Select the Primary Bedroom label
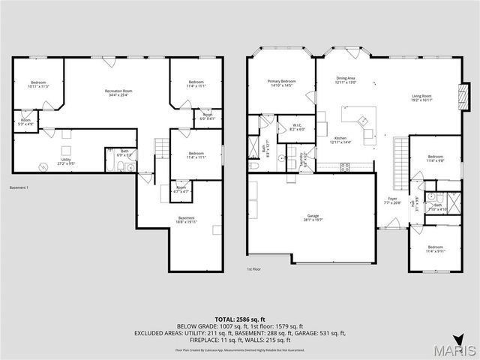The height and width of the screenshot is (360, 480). click(x=281, y=83)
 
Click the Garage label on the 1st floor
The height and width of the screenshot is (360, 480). click(x=312, y=218)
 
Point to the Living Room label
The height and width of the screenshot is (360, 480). click(x=421, y=97)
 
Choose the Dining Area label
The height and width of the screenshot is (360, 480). click(x=346, y=79)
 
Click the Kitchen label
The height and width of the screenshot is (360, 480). click(x=340, y=140)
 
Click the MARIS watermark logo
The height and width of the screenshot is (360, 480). click(x=448, y=350)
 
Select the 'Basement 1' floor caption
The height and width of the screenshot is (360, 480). click(x=19, y=187)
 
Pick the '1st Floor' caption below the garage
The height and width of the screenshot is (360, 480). click(x=254, y=268)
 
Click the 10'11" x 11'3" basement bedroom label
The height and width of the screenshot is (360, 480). click(x=38, y=84)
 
